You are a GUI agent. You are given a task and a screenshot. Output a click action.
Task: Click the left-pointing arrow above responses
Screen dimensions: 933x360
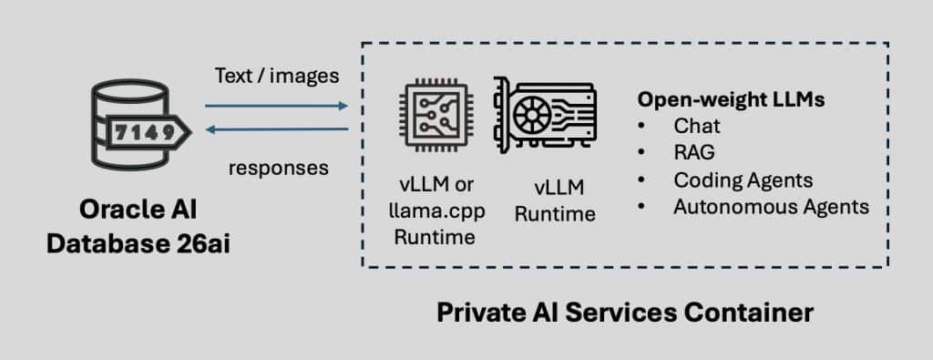tap(277, 129)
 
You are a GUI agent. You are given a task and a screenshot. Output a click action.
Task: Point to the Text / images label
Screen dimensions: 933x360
tap(277, 76)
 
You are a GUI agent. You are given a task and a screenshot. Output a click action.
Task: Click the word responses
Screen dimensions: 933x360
tap(279, 168)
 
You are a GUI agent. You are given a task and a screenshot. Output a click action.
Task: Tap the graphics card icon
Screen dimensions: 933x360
tap(545, 114)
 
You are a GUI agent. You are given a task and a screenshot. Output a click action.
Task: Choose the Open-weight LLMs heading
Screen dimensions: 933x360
tap(732, 100)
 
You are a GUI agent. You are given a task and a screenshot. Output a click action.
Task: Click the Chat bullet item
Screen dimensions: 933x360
tap(697, 126)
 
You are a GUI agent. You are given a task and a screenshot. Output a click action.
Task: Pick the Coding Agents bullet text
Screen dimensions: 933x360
tap(743, 180)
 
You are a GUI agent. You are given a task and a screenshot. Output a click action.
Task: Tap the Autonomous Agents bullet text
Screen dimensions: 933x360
tap(771, 207)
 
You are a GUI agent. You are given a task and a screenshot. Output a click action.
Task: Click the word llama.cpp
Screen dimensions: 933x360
tap(436, 211)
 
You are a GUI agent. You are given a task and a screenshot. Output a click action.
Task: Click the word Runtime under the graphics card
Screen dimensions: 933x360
tap(555, 213)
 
